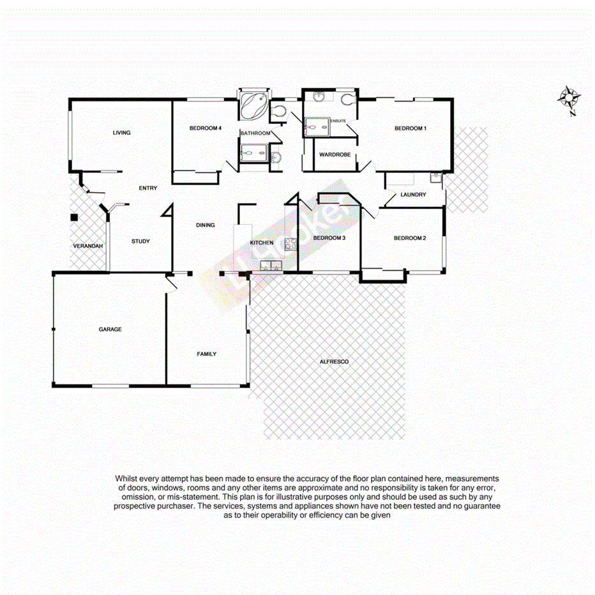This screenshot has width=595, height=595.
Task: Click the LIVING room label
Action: (x=121, y=133)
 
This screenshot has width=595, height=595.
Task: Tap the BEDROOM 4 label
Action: (x=206, y=128)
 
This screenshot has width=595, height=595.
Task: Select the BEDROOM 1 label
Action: (x=410, y=128)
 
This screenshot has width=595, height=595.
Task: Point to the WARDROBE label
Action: (x=335, y=154)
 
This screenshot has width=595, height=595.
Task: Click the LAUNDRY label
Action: (x=413, y=195)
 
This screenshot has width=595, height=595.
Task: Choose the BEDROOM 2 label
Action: (x=409, y=238)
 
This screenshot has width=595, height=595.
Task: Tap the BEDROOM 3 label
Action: (x=329, y=238)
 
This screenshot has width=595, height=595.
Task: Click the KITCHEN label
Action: (x=262, y=243)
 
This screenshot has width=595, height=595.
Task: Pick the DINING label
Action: (x=206, y=225)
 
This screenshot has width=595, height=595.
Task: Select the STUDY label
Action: (x=140, y=241)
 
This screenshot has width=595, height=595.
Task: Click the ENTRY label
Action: (x=148, y=188)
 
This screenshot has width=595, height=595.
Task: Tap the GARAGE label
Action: (x=110, y=329)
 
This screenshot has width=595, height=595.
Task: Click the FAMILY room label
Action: (x=206, y=354)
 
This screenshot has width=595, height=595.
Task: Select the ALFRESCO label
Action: (x=334, y=362)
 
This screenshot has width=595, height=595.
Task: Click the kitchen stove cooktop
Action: (x=290, y=243)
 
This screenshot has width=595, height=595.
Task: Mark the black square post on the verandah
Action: (x=74, y=217)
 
